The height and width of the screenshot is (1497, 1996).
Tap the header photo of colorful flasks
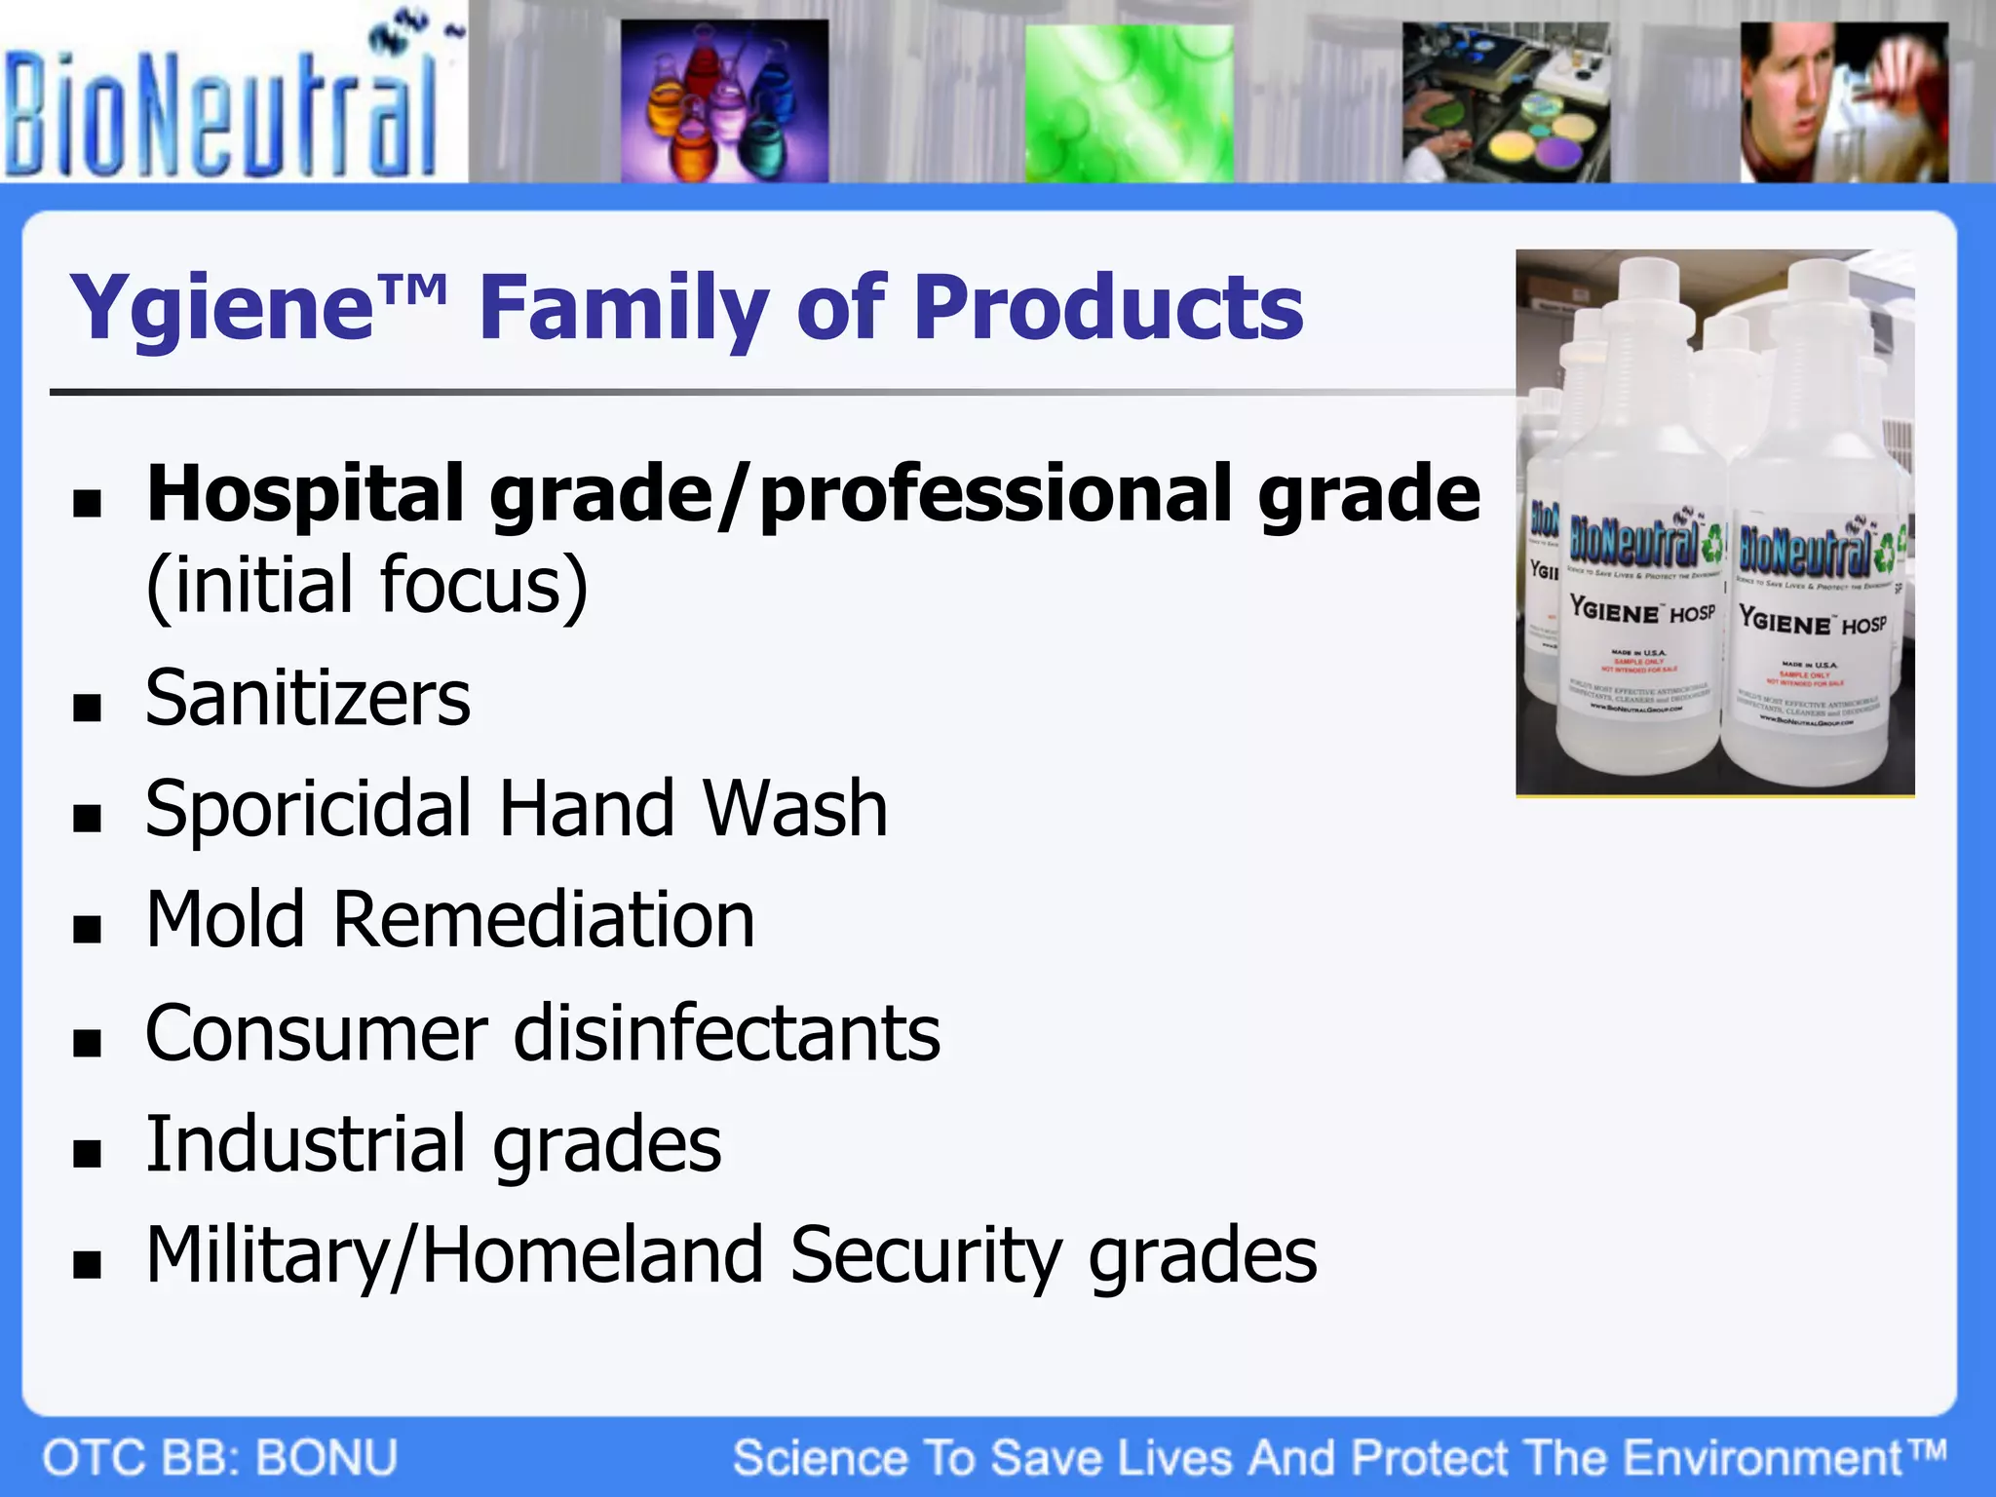pos(724,101)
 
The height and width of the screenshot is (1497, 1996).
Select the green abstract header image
pos(1129,103)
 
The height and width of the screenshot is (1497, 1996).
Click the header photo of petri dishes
pos(1505,103)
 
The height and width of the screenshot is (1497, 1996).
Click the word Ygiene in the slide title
pos(222,310)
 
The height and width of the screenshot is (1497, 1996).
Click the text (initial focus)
pos(366,587)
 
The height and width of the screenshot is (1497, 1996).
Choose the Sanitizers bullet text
pos(308,699)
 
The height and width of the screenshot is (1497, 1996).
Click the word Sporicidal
pos(309,811)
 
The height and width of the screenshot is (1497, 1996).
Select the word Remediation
pos(544,920)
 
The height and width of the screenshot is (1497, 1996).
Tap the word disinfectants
pos(727,1034)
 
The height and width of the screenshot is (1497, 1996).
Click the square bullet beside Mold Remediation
pos(88,930)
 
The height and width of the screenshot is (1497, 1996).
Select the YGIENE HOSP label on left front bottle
pos(1642,612)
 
